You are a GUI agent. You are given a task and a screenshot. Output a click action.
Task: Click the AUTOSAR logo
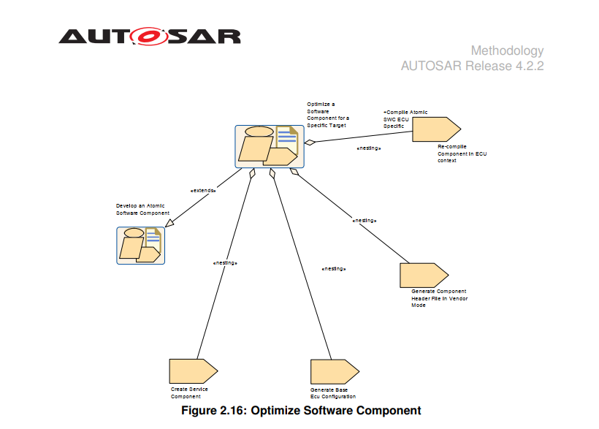pos(149,36)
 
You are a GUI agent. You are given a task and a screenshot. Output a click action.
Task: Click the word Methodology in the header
pos(507,50)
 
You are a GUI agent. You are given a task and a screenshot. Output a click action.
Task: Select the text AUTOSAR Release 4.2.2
pos(472,66)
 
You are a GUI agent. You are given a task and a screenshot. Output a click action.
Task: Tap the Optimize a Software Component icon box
pos(269,145)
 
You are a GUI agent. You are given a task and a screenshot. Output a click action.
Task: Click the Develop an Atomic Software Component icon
pos(141,245)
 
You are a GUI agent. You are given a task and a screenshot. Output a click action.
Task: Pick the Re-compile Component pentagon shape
pos(435,129)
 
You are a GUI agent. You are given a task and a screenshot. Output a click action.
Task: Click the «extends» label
pos(203,190)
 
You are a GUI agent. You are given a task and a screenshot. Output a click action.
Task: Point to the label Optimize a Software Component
pos(327,115)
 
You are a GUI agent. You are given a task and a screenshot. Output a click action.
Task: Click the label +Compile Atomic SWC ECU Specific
pos(405,119)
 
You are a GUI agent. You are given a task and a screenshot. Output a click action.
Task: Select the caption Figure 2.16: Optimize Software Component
pos(301,411)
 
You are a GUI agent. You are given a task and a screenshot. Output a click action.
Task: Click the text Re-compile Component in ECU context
pos(462,153)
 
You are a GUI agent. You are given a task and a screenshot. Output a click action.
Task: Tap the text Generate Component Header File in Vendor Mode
pos(439,298)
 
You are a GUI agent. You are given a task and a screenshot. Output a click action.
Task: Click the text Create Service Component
pos(189,393)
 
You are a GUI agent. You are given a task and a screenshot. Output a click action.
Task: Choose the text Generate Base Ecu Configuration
pos(333,393)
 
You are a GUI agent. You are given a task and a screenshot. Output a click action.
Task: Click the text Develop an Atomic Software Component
pos(142,209)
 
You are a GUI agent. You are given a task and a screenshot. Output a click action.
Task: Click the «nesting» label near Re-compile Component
pos(369,148)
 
